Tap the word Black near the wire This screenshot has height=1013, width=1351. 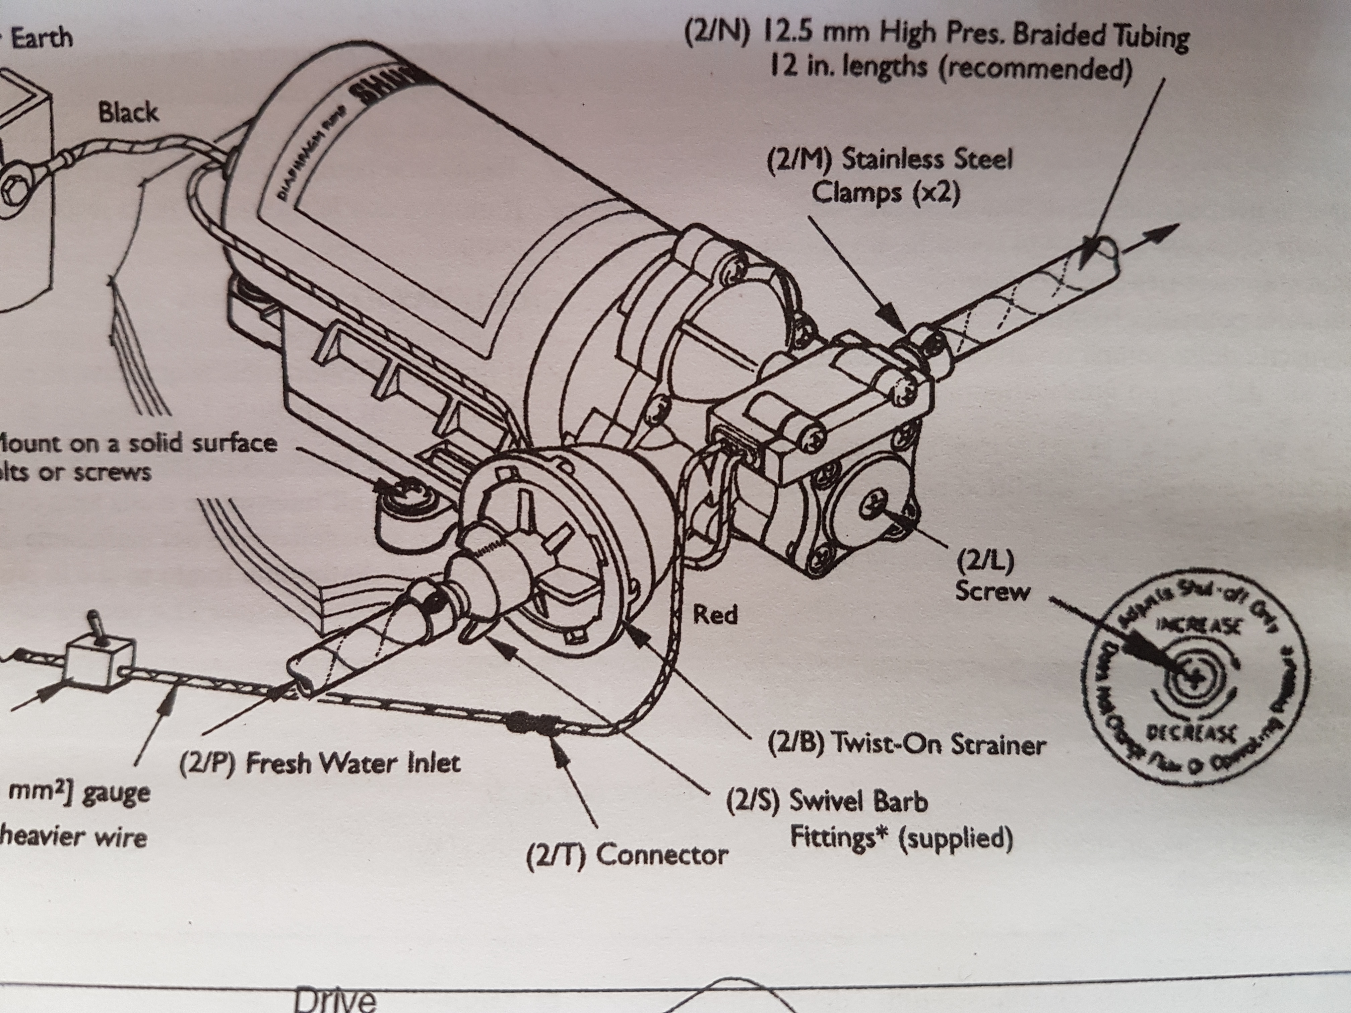[x=128, y=113]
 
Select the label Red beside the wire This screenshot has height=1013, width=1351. [x=715, y=614]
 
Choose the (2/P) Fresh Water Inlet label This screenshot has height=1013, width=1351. [x=319, y=763]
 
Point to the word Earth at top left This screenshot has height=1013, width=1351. [x=42, y=38]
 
